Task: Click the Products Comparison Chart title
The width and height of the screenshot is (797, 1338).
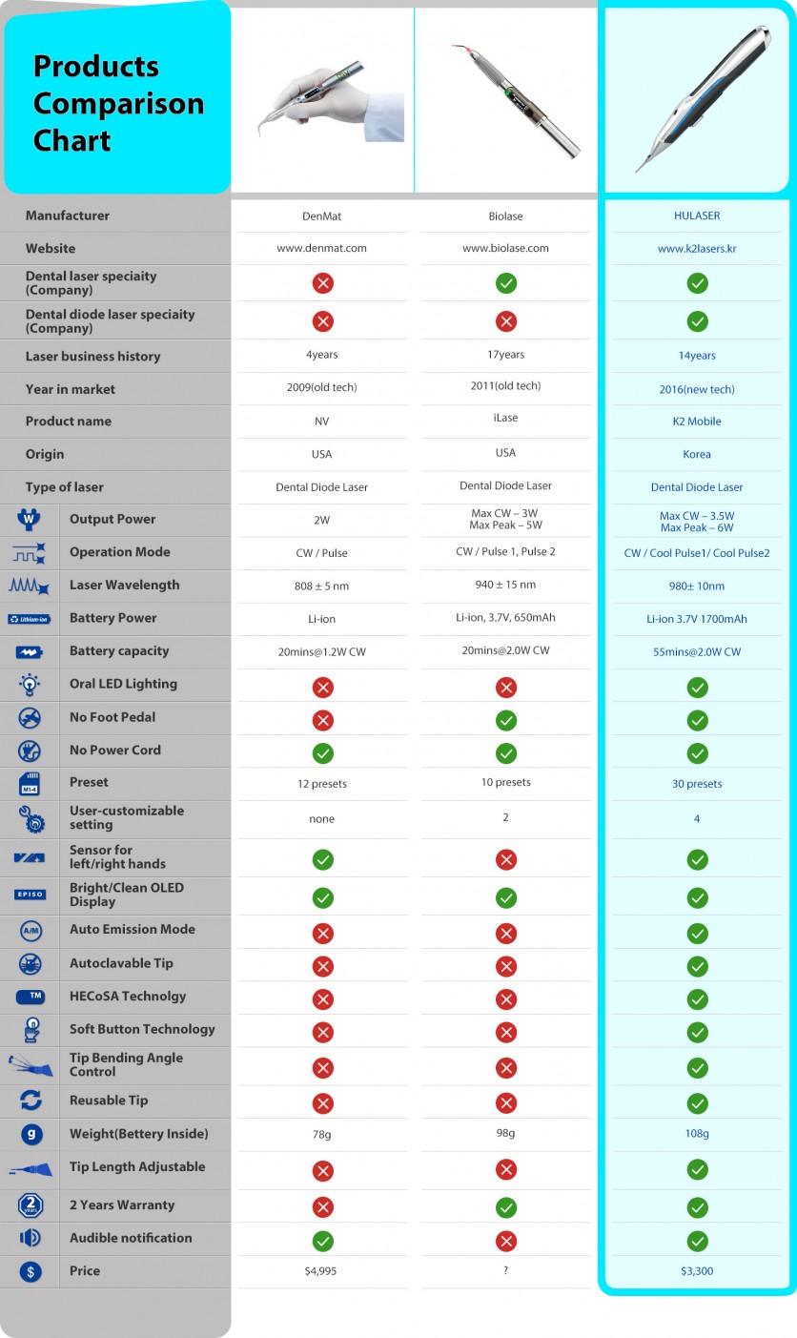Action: pyautogui.click(x=118, y=103)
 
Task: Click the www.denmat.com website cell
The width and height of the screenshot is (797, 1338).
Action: pyautogui.click(x=322, y=248)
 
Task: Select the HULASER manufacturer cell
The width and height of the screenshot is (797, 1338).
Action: pyautogui.click(x=697, y=216)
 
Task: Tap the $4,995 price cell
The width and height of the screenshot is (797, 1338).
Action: pyautogui.click(x=322, y=1270)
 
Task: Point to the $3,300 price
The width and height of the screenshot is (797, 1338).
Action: pyautogui.click(x=697, y=1270)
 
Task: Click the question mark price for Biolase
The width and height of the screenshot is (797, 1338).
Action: pyautogui.click(x=506, y=1270)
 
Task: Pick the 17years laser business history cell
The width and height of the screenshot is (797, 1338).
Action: pyautogui.click(x=506, y=355)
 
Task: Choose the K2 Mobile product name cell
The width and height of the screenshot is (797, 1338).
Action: pyautogui.click(x=697, y=422)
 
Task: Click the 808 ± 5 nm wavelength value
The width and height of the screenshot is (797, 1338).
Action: pyautogui.click(x=322, y=586)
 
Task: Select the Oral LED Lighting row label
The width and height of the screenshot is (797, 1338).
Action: pyautogui.click(x=123, y=684)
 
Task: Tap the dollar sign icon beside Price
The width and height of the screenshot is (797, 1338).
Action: pyautogui.click(x=31, y=1270)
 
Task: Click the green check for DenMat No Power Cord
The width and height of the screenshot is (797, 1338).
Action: pyautogui.click(x=323, y=752)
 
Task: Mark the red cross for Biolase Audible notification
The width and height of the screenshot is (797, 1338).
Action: pyautogui.click(x=506, y=1241)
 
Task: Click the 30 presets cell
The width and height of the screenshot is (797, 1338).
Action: pyautogui.click(x=697, y=784)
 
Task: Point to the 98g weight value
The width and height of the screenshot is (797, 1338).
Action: pyautogui.click(x=506, y=1133)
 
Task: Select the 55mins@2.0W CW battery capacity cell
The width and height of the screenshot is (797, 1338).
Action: pyautogui.click(x=697, y=651)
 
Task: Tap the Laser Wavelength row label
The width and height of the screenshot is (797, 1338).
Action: pyautogui.click(x=124, y=585)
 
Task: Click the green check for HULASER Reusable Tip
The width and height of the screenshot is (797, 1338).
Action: pyautogui.click(x=698, y=1103)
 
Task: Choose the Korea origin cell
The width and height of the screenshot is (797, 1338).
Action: pyautogui.click(x=697, y=454)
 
